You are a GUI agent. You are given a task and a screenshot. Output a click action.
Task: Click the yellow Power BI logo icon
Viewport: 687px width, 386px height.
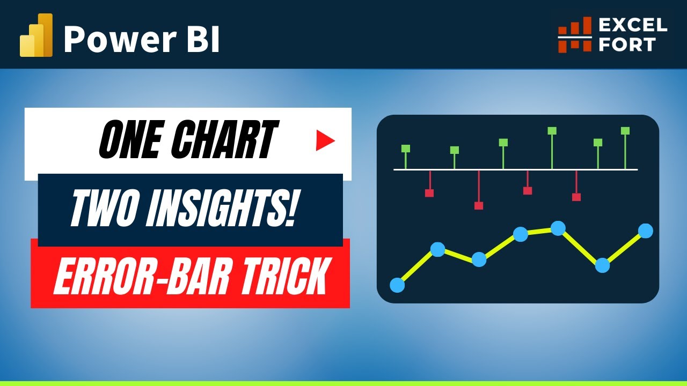coord(36,36)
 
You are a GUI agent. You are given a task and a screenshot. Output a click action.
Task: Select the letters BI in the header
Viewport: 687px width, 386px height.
coord(205,40)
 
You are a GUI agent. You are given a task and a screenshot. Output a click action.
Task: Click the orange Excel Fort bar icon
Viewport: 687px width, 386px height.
coord(574,35)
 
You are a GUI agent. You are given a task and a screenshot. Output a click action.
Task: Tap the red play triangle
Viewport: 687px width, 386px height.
coord(325,141)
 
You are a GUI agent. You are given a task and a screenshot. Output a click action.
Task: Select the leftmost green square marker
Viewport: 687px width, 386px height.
coord(406,149)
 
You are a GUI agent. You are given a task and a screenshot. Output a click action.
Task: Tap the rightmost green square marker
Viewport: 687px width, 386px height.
coord(625,130)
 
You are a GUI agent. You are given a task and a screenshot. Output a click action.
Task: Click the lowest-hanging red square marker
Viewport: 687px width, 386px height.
coord(479,205)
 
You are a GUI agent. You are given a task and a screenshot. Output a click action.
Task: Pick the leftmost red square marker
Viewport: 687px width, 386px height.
coord(429,193)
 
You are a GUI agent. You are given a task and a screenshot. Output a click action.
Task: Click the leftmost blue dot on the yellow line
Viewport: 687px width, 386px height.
coord(397,285)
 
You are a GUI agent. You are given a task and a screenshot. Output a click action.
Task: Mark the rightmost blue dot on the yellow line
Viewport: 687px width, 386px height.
coord(646,231)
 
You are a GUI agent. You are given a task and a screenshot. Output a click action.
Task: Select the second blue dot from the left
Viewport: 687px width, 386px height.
coord(438,249)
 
